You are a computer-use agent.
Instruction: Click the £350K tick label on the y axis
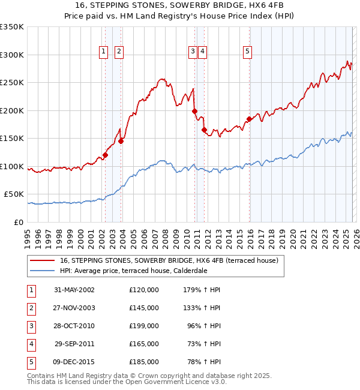click(12, 27)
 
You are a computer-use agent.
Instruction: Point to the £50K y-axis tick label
click(14, 194)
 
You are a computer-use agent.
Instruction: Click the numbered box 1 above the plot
click(104, 52)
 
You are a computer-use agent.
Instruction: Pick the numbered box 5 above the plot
click(247, 52)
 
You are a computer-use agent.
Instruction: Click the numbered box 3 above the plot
click(193, 52)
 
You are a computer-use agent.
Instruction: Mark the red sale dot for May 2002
click(105, 155)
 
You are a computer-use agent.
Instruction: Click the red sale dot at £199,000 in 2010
click(194, 111)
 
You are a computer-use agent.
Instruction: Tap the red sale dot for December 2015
click(249, 119)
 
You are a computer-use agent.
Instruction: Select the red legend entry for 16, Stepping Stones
click(169, 261)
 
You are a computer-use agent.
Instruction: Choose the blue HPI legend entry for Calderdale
click(142, 271)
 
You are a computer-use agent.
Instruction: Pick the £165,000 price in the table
click(144, 344)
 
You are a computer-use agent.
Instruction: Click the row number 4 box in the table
click(30, 344)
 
